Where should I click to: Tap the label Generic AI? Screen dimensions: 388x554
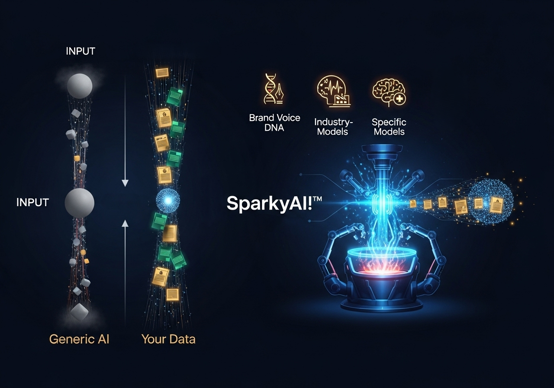pos(79,339)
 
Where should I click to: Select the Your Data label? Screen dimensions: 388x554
pos(168,339)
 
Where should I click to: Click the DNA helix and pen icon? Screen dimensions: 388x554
pos(274,90)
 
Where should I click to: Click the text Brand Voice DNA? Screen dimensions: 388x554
pos(274,123)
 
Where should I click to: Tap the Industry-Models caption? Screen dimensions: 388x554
pos(332,126)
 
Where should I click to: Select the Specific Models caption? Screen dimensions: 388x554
pos(389,126)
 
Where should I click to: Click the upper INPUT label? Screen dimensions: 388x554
pos(80,51)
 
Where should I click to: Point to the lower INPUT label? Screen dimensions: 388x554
pos(32,202)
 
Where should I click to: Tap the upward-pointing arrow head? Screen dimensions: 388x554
pos(125,223)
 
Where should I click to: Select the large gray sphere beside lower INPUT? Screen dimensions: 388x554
pos(80,202)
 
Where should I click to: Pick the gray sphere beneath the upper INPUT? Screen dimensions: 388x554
pos(80,85)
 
